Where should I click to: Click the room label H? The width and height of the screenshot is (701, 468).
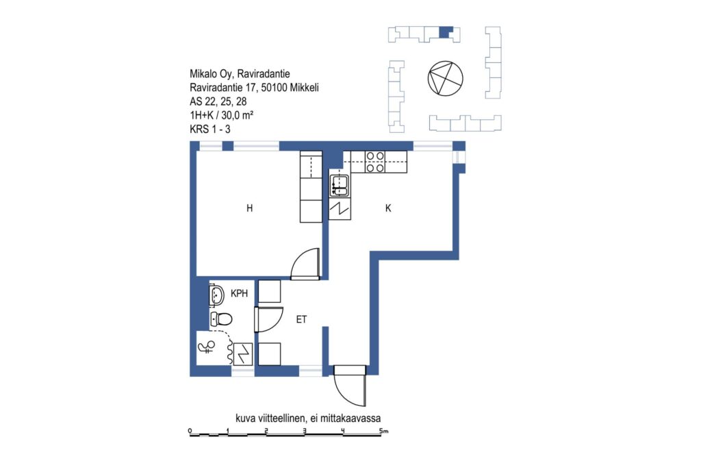pos(249,208)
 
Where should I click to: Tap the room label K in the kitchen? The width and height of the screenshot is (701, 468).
pos(388,208)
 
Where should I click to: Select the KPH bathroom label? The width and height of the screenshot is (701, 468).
pos(239,293)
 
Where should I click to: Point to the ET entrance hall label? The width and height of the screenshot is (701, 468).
pos(301,319)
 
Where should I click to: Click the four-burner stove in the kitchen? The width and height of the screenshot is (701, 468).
pos(375,162)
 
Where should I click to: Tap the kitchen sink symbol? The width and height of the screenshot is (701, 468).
pos(340,186)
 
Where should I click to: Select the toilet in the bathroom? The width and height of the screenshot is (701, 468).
pos(221,319)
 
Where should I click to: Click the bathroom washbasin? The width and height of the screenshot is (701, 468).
pos(217,295)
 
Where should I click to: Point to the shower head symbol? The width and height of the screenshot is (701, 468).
pos(207,347)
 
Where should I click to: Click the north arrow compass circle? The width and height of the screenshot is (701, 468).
pos(445,78)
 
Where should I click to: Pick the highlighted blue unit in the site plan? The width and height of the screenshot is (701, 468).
pos(446,32)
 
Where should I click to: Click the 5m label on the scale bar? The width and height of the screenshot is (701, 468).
pos(384,431)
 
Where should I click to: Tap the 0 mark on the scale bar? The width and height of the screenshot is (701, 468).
pos(190,431)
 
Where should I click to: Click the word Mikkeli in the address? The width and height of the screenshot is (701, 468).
pos(304,88)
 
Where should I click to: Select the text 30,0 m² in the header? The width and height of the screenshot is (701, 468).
pos(238,115)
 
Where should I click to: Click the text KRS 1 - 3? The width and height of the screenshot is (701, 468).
pos(210,130)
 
